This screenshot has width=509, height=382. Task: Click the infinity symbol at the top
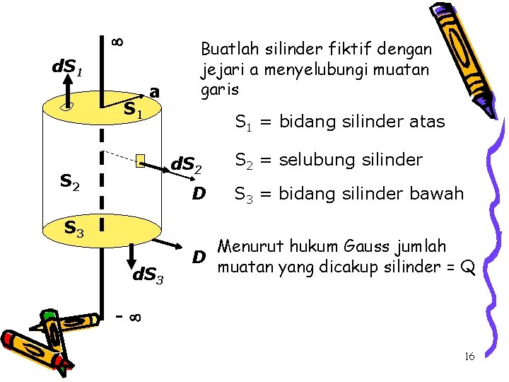pyautogui.click(x=118, y=42)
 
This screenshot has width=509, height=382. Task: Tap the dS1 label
pyautogui.click(x=69, y=69)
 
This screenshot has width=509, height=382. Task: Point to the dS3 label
pyautogui.click(x=148, y=274)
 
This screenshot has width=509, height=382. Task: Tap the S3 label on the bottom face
pyautogui.click(x=74, y=228)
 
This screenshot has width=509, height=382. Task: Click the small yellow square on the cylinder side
pyautogui.click(x=141, y=162)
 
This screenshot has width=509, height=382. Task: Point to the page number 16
pyautogui.click(x=469, y=357)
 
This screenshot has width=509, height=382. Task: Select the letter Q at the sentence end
pyautogui.click(x=467, y=268)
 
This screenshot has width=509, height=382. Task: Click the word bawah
pyautogui.click(x=440, y=193)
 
